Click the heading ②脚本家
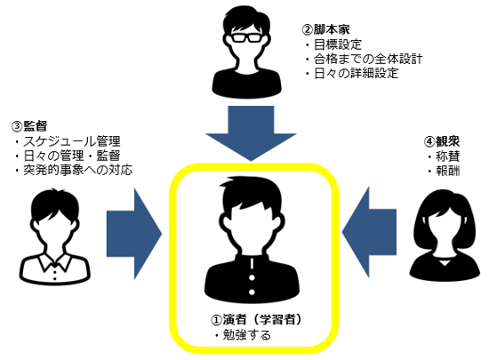pyautogui.click(x=322, y=28)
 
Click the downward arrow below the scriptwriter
pyautogui.click(x=244, y=131)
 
